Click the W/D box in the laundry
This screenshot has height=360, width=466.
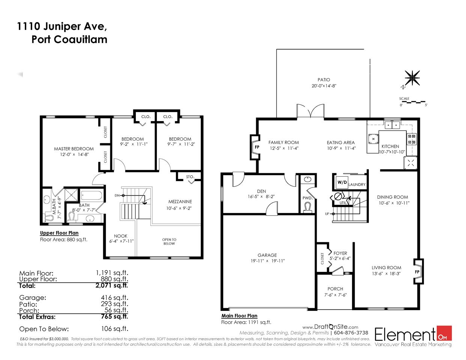click(x=342, y=182)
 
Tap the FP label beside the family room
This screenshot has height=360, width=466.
click(x=257, y=147)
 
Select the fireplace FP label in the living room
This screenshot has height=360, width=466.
click(x=417, y=272)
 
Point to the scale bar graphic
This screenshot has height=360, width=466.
click(x=412, y=102)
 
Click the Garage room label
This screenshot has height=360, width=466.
click(x=267, y=255)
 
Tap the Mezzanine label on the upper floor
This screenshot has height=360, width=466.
click(x=180, y=202)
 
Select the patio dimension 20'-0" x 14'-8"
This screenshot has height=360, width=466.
click(x=324, y=86)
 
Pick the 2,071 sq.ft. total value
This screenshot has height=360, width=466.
click(x=112, y=285)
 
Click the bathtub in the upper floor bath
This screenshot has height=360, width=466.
click(x=92, y=196)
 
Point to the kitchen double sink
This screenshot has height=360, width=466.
click(x=392, y=125)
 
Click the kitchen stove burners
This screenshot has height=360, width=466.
click(x=412, y=139)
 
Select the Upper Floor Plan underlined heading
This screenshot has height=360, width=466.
click(x=59, y=233)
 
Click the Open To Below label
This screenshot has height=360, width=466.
click(x=169, y=241)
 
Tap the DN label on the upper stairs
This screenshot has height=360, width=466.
click(x=117, y=195)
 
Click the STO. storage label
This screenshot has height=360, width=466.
click(x=190, y=177)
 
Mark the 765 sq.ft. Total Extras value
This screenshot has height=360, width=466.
click(x=114, y=316)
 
